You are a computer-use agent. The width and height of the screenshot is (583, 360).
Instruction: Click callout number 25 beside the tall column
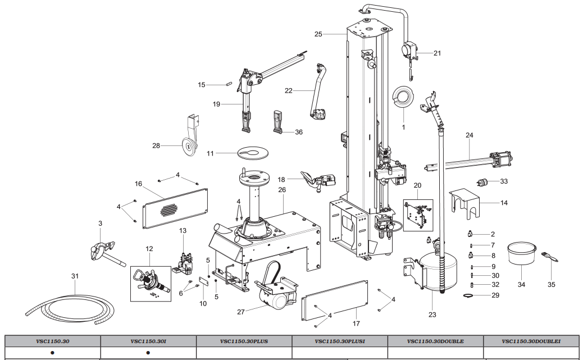[318, 34]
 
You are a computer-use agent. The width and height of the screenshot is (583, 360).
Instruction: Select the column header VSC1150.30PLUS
[244, 340]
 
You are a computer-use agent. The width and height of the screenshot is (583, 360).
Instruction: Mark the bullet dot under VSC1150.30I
[148, 353]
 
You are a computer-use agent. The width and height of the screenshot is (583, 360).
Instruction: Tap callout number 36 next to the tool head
[298, 132]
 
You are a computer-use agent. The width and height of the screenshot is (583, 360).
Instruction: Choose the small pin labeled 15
[229, 84]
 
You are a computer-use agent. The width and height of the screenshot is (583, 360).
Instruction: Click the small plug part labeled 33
[481, 182]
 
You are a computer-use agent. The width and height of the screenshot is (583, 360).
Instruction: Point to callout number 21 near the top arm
[437, 53]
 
